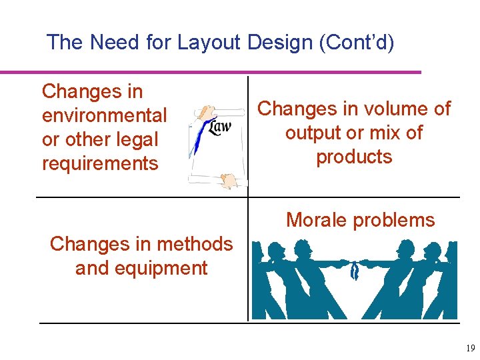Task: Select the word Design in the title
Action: [279, 43]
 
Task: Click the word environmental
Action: [104, 115]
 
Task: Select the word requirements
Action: [100, 163]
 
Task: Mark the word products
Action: [354, 157]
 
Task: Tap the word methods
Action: [193, 244]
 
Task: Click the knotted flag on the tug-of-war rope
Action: [355, 270]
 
